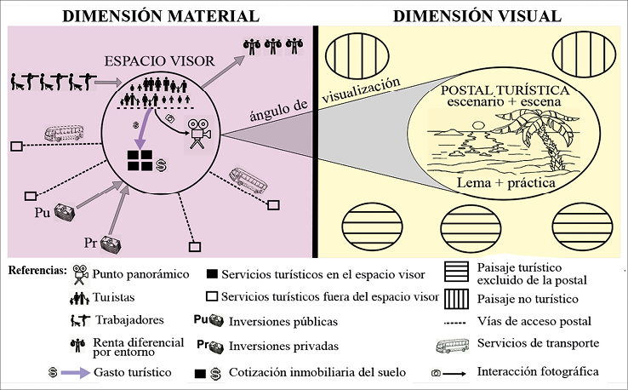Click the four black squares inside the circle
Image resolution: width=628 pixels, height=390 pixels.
click(x=140, y=163)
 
